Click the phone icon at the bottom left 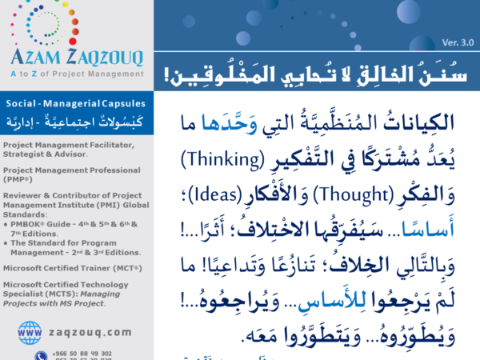pyautogui.click(x=40, y=355)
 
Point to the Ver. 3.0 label pyautogui.click(x=457, y=42)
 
